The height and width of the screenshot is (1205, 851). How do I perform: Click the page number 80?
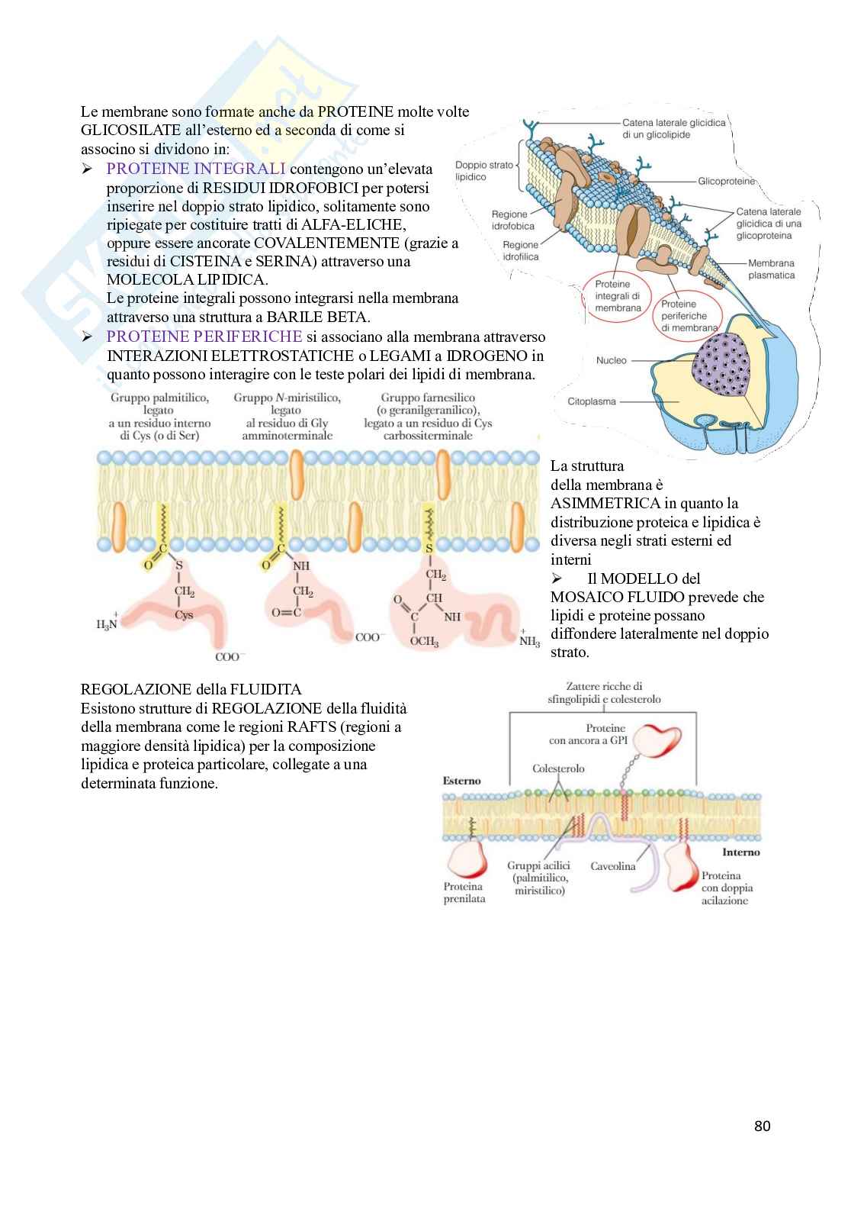coord(762,1126)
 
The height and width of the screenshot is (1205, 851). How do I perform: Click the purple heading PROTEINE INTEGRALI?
coord(196,169)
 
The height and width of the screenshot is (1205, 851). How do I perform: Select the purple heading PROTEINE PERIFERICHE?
coord(204,337)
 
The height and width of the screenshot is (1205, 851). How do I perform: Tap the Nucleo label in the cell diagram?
coord(611,359)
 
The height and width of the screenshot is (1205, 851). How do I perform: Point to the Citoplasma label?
coord(592,401)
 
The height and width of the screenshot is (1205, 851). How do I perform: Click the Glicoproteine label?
coord(726,182)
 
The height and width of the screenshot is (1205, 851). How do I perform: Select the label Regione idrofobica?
coord(513,220)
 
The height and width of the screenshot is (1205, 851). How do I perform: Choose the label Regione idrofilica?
coord(520,250)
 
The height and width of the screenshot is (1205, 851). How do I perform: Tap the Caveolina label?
coord(613,866)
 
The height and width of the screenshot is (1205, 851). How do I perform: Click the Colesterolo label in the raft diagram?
coord(559,768)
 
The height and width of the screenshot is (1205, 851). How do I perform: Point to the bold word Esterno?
coord(462,781)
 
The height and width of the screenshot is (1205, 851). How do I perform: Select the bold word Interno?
coord(740,852)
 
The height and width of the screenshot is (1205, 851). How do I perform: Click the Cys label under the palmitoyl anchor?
coord(184,614)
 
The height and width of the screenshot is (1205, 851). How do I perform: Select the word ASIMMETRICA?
coord(599,503)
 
